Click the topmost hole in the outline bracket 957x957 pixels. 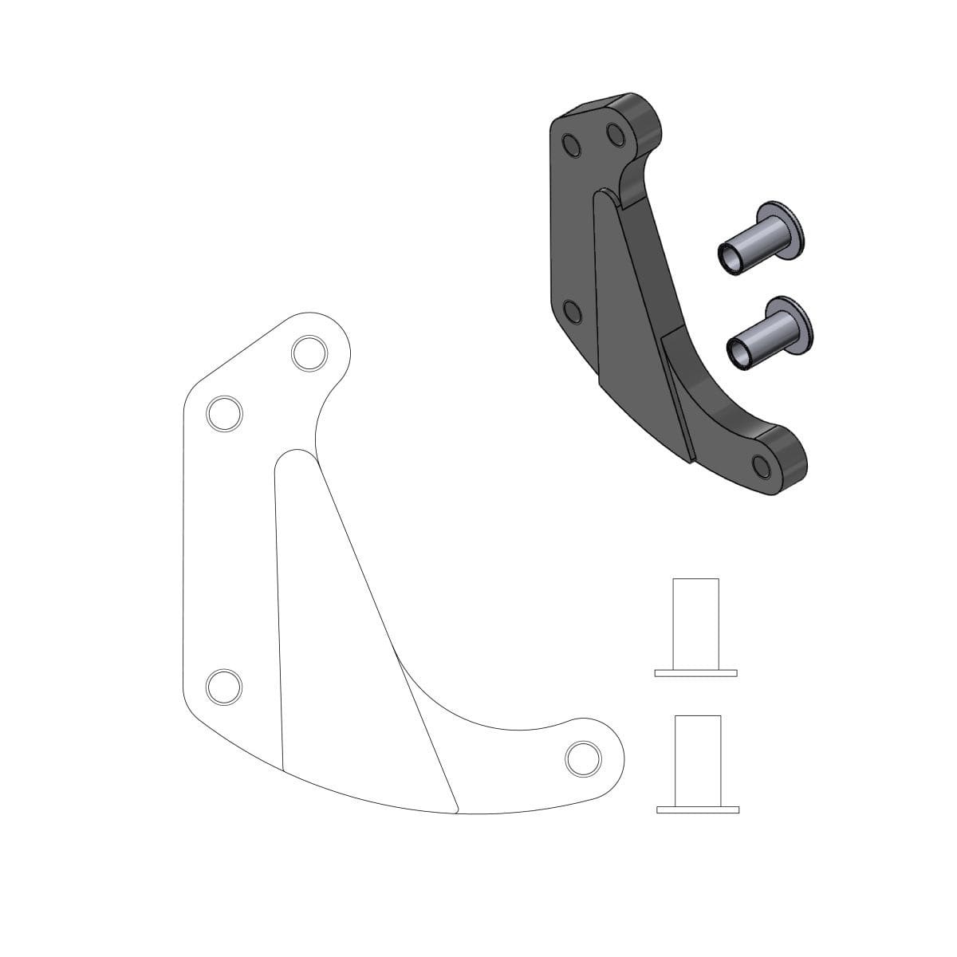pos(309,352)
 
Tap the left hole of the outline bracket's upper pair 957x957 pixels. pos(224,413)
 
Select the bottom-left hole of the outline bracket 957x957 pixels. pos(224,685)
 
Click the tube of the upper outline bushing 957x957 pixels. pos(696,622)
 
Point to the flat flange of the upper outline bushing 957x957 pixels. pos(696,673)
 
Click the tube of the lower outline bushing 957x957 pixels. pos(698,759)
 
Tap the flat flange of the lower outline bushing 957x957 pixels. pos(698,810)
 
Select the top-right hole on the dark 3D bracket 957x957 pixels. pos(615,132)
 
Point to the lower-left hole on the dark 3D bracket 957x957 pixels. pos(571,312)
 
